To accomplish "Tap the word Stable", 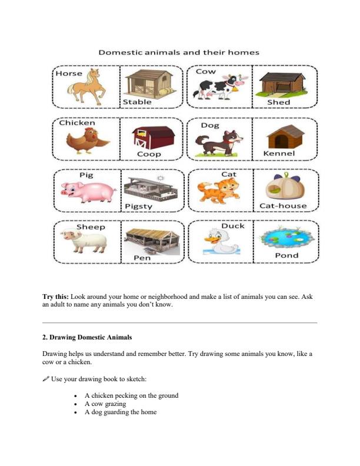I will pyautogui.click(x=136, y=102).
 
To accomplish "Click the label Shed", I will pyautogui.click(x=279, y=102).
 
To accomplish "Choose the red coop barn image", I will pyautogui.click(x=152, y=137).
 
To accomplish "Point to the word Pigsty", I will pyautogui.click(x=139, y=206).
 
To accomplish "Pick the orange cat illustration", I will pyautogui.click(x=218, y=190).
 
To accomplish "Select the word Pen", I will pyautogui.click(x=142, y=258).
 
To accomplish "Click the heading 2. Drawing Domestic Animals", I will pyautogui.click(x=88, y=337).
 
